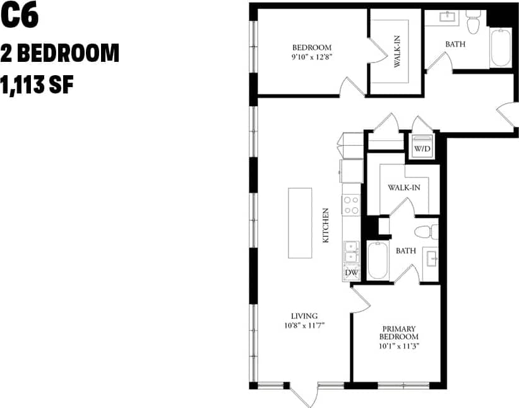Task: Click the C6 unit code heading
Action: coord(20,16)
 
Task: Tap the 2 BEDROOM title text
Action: coord(60,53)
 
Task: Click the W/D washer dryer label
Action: coord(422,148)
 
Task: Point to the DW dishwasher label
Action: coord(351,273)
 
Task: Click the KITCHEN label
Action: coord(326,225)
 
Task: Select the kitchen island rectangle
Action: coord(301,222)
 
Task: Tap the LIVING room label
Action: coord(304,316)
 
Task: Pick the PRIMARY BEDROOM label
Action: coord(399,333)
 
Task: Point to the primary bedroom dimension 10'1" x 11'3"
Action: coord(399,346)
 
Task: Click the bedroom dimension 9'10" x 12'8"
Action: coord(311,57)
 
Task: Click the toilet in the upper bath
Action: coord(472,24)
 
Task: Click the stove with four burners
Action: coord(351,205)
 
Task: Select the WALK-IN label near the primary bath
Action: coord(404,188)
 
